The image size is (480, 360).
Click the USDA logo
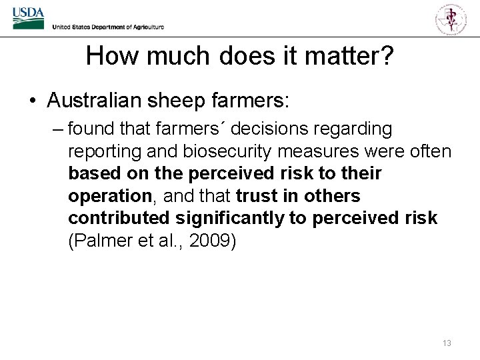click(x=28, y=17)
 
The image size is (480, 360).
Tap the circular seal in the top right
click(x=451, y=18)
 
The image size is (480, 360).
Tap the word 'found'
click(x=91, y=128)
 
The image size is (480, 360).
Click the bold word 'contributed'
click(x=119, y=218)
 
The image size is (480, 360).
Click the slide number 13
click(x=446, y=343)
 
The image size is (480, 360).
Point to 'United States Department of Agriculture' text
click(x=108, y=27)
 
